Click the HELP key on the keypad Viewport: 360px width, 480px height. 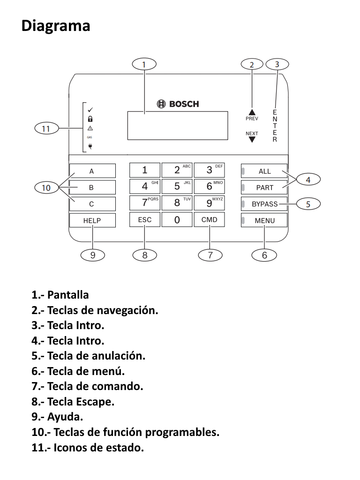pyautogui.click(x=92, y=220)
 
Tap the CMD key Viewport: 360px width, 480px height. pyautogui.click(x=209, y=220)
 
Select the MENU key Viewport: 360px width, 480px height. pyautogui.click(x=265, y=220)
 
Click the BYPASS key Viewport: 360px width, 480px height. pyautogui.click(x=265, y=204)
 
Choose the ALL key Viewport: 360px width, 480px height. pyautogui.click(x=265, y=171)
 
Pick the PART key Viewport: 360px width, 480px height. pyautogui.click(x=265, y=187)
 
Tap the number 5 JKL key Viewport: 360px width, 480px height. pyautogui.click(x=177, y=186)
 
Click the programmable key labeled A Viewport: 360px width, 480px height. pyautogui.click(x=92, y=171)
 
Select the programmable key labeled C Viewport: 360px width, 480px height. pyautogui.click(x=92, y=204)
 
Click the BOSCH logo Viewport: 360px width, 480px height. pyautogui.click(x=178, y=104)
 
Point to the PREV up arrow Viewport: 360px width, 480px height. pyautogui.click(x=252, y=112)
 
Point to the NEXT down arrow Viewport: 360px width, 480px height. pyautogui.click(x=252, y=139)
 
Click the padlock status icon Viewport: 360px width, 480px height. pyautogui.click(x=90, y=119)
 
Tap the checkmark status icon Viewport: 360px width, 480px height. pyautogui.click(x=90, y=110)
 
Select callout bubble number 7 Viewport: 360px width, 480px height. pyautogui.click(x=210, y=255)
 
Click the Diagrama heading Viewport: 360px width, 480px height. pyautogui.click(x=56, y=25)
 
